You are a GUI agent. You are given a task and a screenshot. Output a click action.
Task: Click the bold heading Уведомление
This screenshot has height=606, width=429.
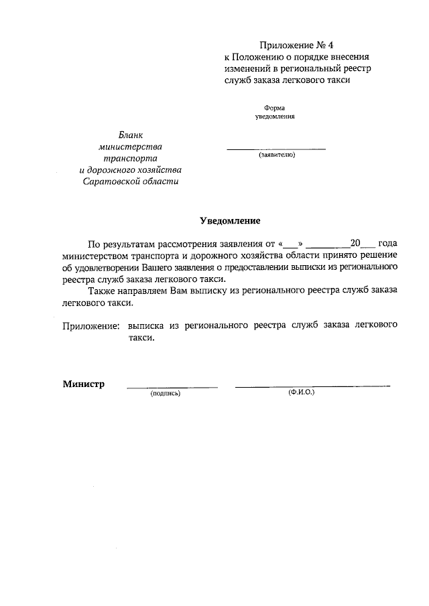pos(230,220)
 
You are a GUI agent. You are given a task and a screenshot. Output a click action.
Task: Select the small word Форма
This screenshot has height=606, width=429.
pos(275,107)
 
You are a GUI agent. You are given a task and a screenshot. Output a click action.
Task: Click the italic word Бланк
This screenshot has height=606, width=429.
pos(131,135)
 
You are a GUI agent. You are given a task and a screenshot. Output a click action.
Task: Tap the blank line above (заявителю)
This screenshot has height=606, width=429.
pos(276,148)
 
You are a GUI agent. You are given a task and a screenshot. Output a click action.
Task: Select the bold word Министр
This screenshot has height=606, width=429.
pos(84,384)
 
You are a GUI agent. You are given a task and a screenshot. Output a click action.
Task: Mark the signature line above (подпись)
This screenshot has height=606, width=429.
pos(172,386)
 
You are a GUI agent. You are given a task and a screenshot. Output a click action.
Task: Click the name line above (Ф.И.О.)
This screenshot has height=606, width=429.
pos(312,386)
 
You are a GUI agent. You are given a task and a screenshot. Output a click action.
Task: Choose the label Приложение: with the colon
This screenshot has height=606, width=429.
pos(91,326)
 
